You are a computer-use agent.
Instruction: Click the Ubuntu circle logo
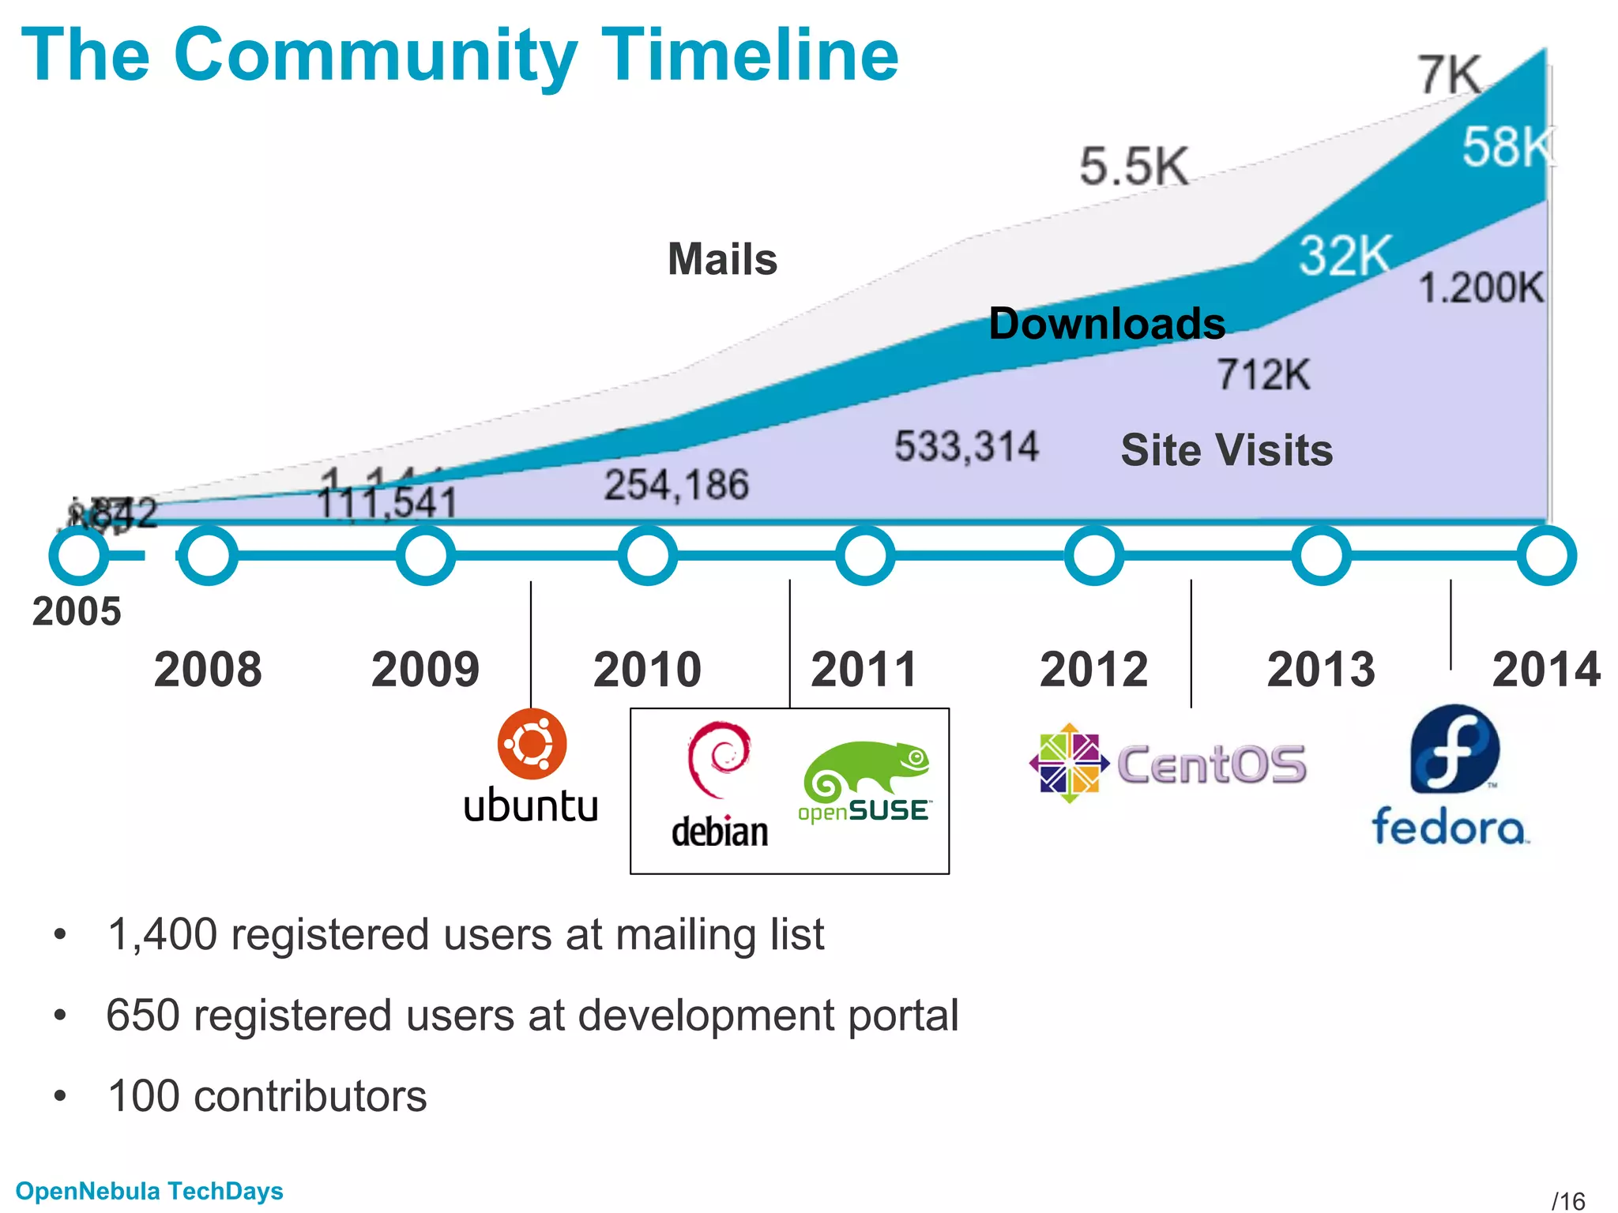(532, 744)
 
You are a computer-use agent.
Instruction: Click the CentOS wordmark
(1211, 764)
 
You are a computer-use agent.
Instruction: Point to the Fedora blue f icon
(1454, 749)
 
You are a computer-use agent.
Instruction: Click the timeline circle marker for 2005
(78, 555)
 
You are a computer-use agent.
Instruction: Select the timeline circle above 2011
(865, 555)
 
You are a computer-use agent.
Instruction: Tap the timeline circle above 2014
(1546, 555)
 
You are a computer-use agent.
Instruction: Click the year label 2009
(425, 670)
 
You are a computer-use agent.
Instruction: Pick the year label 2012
(1093, 670)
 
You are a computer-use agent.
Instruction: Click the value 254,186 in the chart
(676, 484)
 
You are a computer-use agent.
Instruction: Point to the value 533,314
(966, 446)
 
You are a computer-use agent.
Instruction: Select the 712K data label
(1262, 374)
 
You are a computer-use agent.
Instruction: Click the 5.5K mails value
(1134, 167)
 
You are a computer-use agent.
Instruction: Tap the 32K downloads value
(1344, 255)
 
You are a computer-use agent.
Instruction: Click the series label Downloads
(1106, 324)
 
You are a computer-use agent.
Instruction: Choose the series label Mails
(722, 259)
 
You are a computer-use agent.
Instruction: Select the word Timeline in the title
(749, 55)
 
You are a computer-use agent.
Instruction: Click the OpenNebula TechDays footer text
(149, 1191)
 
